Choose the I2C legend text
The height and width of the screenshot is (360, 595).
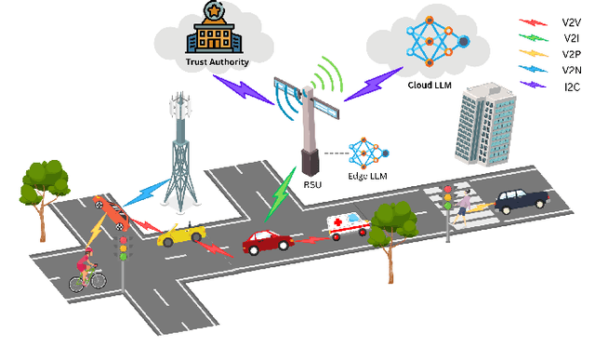571,87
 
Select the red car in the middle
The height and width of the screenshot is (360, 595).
268,244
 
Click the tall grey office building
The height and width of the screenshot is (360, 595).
487,124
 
